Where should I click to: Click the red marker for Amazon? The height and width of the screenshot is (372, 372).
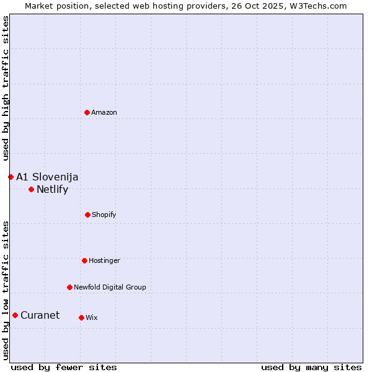[x=87, y=112]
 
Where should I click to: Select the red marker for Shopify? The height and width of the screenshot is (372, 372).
[x=87, y=215]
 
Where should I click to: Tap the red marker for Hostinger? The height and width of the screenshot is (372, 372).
[x=84, y=260]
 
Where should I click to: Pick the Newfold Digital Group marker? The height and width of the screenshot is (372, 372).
[x=69, y=287]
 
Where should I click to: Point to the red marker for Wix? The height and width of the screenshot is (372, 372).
[x=81, y=317]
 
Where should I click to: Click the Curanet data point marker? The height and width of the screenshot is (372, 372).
[x=15, y=315]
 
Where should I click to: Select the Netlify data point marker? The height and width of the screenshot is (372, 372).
[x=31, y=189]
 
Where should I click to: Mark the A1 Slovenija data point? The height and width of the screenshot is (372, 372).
[x=11, y=177]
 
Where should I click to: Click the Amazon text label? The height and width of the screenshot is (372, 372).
[x=104, y=112]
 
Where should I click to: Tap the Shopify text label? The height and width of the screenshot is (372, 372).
[x=104, y=215]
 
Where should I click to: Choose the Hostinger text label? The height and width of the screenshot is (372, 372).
[x=104, y=260]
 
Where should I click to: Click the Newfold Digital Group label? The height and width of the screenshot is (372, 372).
[x=110, y=287]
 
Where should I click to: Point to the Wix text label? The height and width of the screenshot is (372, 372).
[x=92, y=317]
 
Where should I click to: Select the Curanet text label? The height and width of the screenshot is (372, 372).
[x=40, y=315]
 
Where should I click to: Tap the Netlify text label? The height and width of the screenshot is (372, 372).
[x=52, y=189]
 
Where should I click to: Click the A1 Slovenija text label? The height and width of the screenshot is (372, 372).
[x=47, y=177]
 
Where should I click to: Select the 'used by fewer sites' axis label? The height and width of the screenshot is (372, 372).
[x=64, y=367]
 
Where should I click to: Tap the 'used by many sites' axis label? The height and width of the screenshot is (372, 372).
[x=311, y=367]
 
